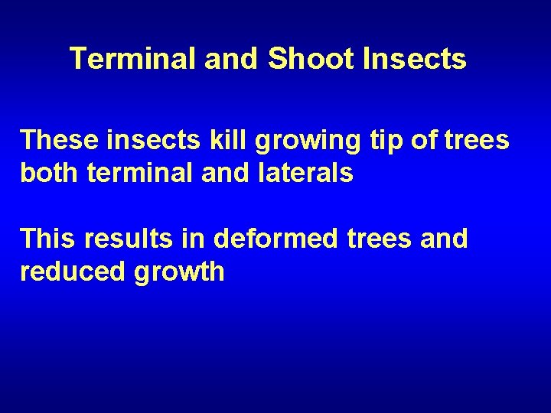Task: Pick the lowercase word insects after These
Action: tap(152, 140)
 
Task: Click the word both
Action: tap(51, 173)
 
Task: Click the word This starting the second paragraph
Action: tap(47, 239)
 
